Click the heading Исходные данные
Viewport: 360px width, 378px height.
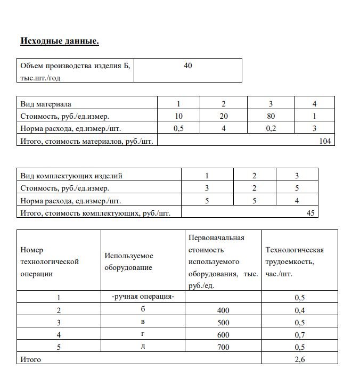point(60,41)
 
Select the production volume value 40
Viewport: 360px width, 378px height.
point(187,65)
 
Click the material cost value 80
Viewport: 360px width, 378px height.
point(271,116)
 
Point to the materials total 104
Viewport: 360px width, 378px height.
point(324,141)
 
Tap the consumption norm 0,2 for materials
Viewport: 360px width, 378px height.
point(271,128)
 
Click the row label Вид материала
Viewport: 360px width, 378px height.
point(46,103)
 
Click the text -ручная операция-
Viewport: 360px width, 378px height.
point(143,297)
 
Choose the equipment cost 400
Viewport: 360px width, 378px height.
point(223,310)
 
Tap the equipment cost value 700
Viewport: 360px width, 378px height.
point(223,347)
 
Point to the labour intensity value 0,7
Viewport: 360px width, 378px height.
point(300,335)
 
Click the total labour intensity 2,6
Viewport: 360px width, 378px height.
point(300,359)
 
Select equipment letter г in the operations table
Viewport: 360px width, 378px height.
point(143,334)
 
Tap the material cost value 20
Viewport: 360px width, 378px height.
point(224,116)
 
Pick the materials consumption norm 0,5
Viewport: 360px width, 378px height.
point(179,128)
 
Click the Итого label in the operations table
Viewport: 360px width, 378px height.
point(30,359)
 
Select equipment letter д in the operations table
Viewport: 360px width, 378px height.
point(143,347)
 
